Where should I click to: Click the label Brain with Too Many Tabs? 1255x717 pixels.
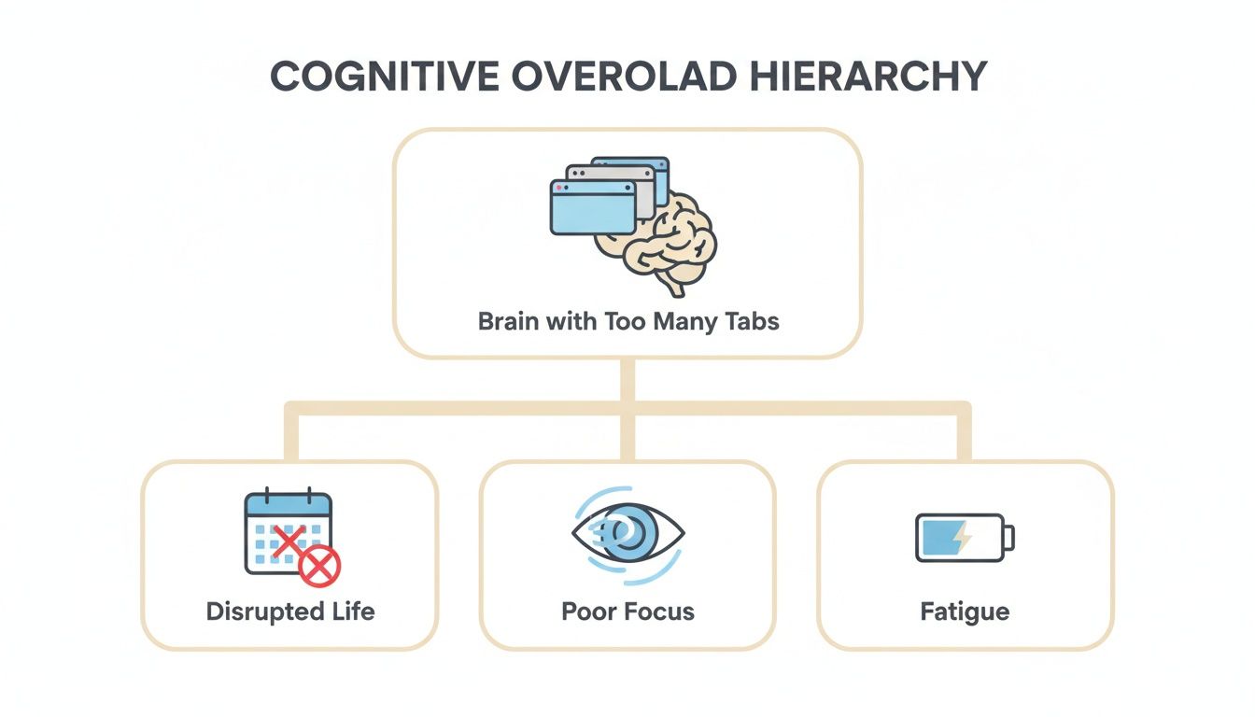tap(627, 322)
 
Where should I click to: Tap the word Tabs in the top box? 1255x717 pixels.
tap(752, 322)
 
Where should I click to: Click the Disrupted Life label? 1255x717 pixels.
tap(289, 612)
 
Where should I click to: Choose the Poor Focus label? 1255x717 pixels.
tap(627, 612)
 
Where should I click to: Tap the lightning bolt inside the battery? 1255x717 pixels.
tap(962, 538)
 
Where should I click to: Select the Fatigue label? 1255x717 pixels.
tap(965, 612)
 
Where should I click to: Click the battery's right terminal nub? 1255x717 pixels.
tap(1009, 538)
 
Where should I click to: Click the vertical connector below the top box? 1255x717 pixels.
tap(627, 381)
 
